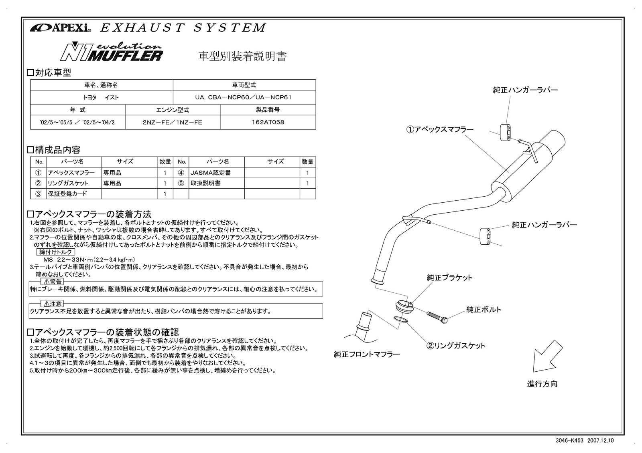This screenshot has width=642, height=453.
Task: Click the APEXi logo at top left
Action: click(60, 28)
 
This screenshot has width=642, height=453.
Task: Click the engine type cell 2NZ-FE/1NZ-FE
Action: click(173, 122)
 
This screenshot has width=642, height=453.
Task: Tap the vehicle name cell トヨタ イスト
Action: click(101, 97)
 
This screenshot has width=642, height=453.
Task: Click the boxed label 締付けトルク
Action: click(56, 252)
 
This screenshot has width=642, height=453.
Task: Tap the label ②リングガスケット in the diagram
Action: click(455, 346)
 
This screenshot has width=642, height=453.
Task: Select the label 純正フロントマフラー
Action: click(367, 354)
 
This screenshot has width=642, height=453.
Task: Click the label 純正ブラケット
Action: click(449, 277)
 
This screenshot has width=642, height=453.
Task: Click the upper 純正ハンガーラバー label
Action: click(525, 90)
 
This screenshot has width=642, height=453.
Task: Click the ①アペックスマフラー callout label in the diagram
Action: click(440, 129)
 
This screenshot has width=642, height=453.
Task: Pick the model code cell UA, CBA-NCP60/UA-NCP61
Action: click(244, 97)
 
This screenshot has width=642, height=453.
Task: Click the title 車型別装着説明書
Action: click(243, 56)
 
